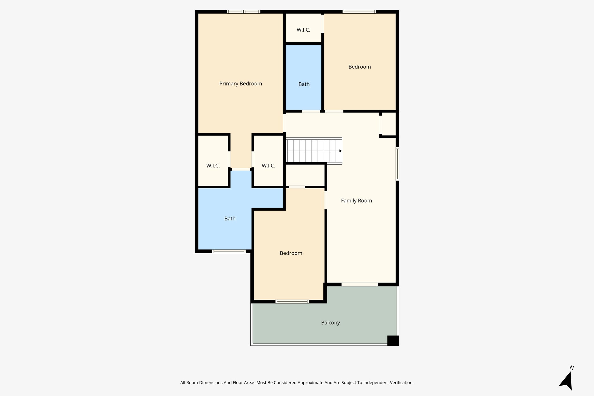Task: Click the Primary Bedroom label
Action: pyautogui.click(x=240, y=84)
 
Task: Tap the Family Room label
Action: pyautogui.click(x=356, y=200)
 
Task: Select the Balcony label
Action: pyautogui.click(x=330, y=323)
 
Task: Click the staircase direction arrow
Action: pyautogui.click(x=341, y=151)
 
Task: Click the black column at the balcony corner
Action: pyautogui.click(x=393, y=340)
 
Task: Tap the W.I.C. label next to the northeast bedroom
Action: pyautogui.click(x=303, y=30)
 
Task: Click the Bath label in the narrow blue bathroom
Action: pyautogui.click(x=304, y=84)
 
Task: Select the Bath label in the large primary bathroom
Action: pyautogui.click(x=230, y=218)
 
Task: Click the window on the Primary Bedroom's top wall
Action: pyautogui.click(x=243, y=12)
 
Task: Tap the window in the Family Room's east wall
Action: pyautogui.click(x=397, y=164)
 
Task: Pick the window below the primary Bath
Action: pyautogui.click(x=229, y=251)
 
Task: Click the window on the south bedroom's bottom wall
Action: pyautogui.click(x=292, y=301)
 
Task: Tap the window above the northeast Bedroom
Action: pyautogui.click(x=359, y=12)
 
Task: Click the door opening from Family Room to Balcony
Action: pyautogui.click(x=360, y=285)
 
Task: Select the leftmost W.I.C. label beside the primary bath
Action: pyautogui.click(x=213, y=166)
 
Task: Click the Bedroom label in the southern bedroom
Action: pyautogui.click(x=291, y=253)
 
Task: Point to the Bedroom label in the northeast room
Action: pyautogui.click(x=359, y=67)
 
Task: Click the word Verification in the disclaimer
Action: pyautogui.click(x=401, y=383)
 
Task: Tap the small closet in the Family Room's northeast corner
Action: pyautogui.click(x=389, y=124)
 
